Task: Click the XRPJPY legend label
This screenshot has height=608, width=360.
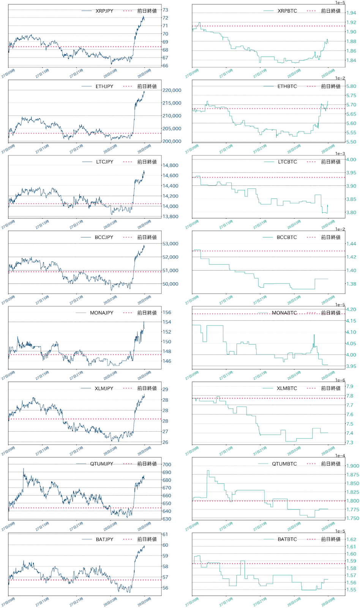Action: [x=104, y=11]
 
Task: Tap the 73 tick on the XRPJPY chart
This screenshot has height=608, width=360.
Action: [x=165, y=10]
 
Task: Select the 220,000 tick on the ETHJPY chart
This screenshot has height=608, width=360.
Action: [x=172, y=90]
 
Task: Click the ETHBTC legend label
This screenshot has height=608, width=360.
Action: [x=287, y=87]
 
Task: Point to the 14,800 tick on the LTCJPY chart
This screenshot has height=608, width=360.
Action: [x=170, y=166]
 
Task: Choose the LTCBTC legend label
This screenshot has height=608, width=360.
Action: [x=287, y=162]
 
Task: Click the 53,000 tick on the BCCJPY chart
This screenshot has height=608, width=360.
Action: [x=170, y=244]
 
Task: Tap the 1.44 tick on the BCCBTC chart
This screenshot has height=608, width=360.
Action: [x=351, y=244]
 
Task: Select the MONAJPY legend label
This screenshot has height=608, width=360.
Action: [x=101, y=313]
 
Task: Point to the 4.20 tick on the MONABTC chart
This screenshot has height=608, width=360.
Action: [x=351, y=310]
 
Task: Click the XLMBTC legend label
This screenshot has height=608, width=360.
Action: [x=287, y=388]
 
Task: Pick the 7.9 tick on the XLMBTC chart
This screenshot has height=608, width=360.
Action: [x=349, y=386]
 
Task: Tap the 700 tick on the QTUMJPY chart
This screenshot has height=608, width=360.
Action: [x=167, y=465]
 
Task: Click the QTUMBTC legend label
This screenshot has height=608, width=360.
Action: [x=284, y=464]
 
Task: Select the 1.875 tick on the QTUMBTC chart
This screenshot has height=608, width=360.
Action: [x=352, y=475]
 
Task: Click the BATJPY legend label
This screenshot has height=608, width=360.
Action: [x=104, y=540]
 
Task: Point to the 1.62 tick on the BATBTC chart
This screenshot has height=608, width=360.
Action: [x=351, y=540]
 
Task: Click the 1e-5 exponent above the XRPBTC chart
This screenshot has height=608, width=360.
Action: [x=340, y=3]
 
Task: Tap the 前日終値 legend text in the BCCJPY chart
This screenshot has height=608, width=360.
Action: [x=147, y=237]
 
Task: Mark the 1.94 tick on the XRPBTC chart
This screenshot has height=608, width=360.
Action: [x=351, y=13]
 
